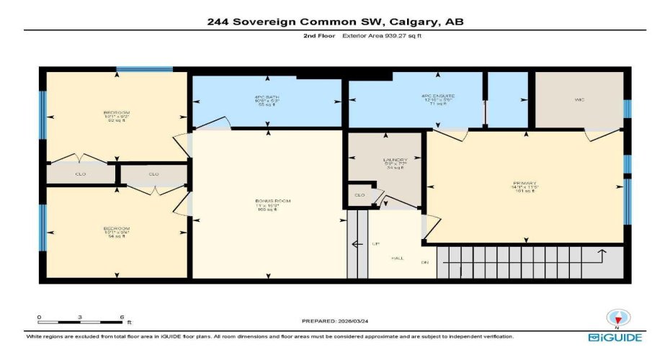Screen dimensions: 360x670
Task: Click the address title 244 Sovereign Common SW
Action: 334,22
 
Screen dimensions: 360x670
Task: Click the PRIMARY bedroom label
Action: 525,183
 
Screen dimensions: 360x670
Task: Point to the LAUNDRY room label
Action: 395,160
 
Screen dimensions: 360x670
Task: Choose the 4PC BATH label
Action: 268,97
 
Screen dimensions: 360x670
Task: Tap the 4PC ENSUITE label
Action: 435,96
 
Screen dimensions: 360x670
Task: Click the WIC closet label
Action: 579,99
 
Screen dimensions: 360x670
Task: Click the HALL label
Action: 397,257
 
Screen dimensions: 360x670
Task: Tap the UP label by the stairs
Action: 375,244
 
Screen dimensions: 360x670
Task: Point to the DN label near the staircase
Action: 425,262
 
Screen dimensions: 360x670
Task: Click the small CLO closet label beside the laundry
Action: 359,195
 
